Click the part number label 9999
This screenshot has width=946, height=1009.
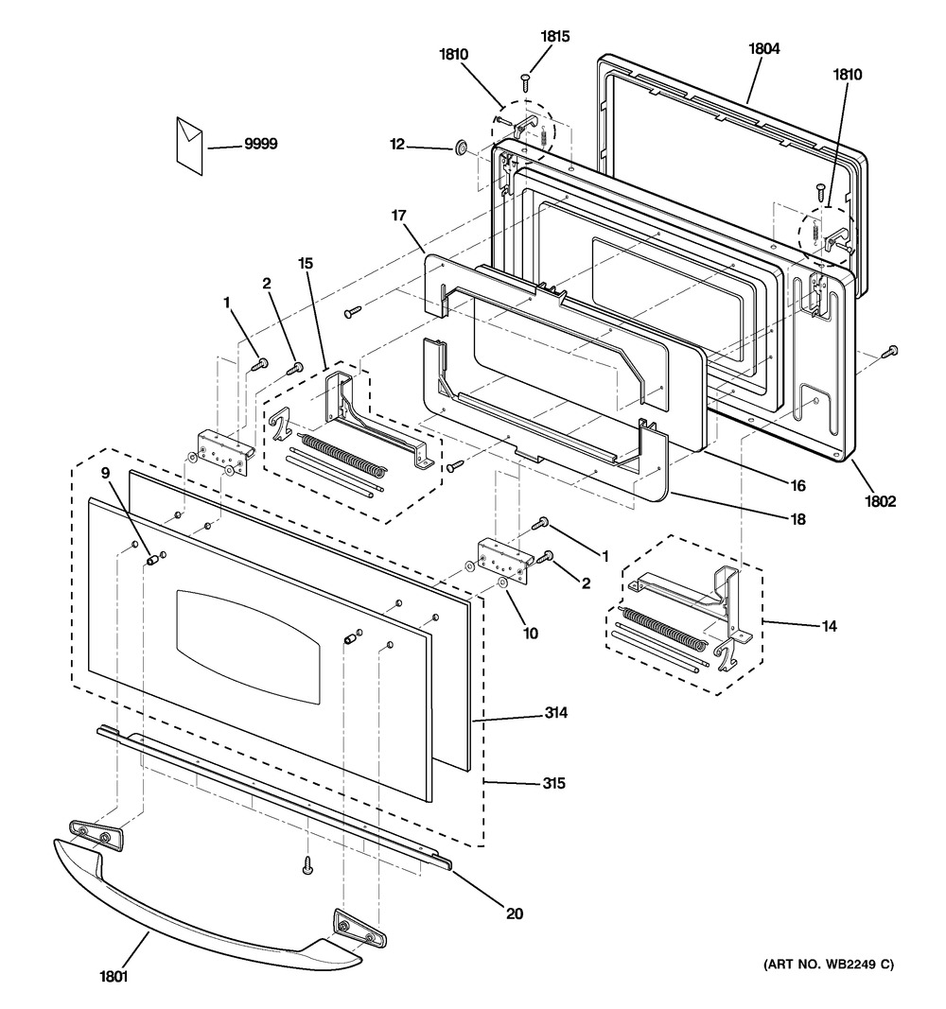(261, 144)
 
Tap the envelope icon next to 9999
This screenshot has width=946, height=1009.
(189, 145)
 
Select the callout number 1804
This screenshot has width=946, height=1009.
(763, 48)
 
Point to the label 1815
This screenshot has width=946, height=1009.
(554, 37)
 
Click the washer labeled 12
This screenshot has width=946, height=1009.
(461, 148)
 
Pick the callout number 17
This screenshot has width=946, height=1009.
(399, 215)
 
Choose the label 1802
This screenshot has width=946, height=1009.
(880, 501)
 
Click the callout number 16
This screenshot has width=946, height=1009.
(798, 486)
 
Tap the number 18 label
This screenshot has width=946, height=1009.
(798, 518)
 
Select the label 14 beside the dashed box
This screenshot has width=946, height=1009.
(830, 625)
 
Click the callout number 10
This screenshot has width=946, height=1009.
(530, 634)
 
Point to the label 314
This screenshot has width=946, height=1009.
(556, 712)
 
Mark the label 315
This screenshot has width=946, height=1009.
(553, 783)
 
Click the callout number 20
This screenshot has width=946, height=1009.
(515, 913)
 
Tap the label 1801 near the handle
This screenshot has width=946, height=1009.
(114, 977)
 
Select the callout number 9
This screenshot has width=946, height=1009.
(106, 473)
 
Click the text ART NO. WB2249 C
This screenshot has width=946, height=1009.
(829, 964)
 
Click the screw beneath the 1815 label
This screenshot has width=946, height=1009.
(526, 81)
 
